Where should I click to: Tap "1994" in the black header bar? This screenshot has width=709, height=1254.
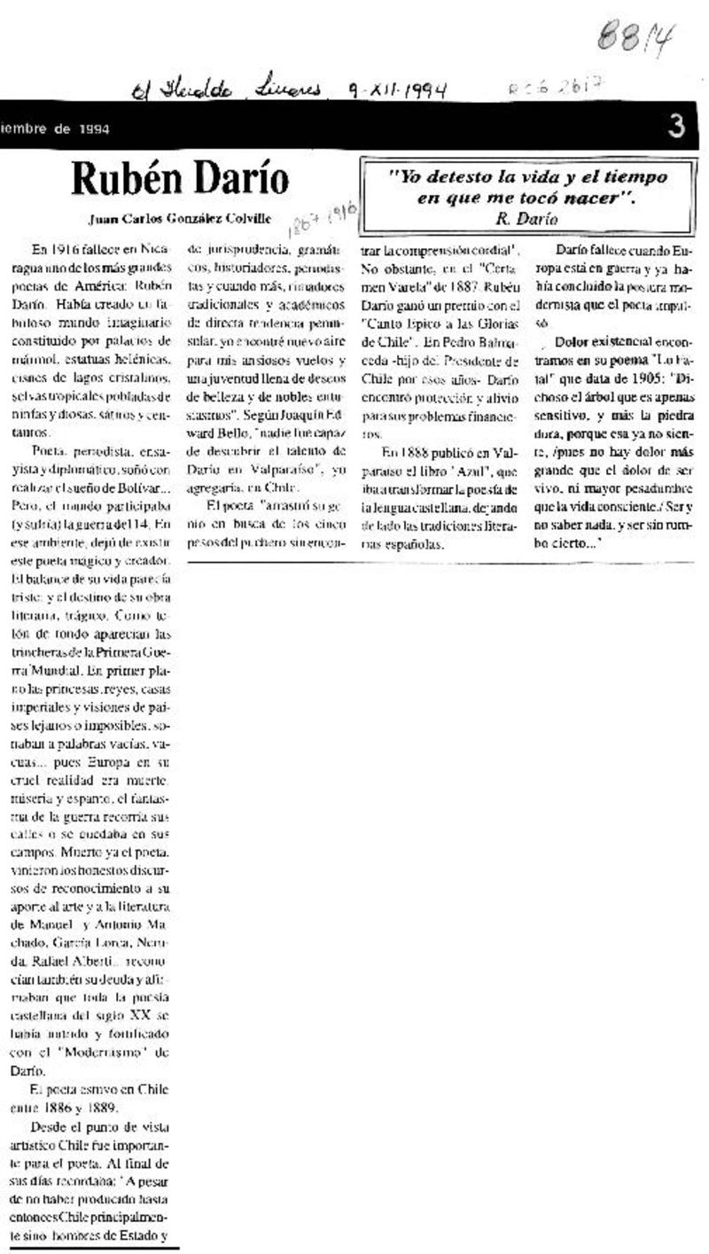pyautogui.click(x=92, y=129)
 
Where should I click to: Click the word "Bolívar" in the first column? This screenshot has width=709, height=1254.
pyautogui.click(x=140, y=465)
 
